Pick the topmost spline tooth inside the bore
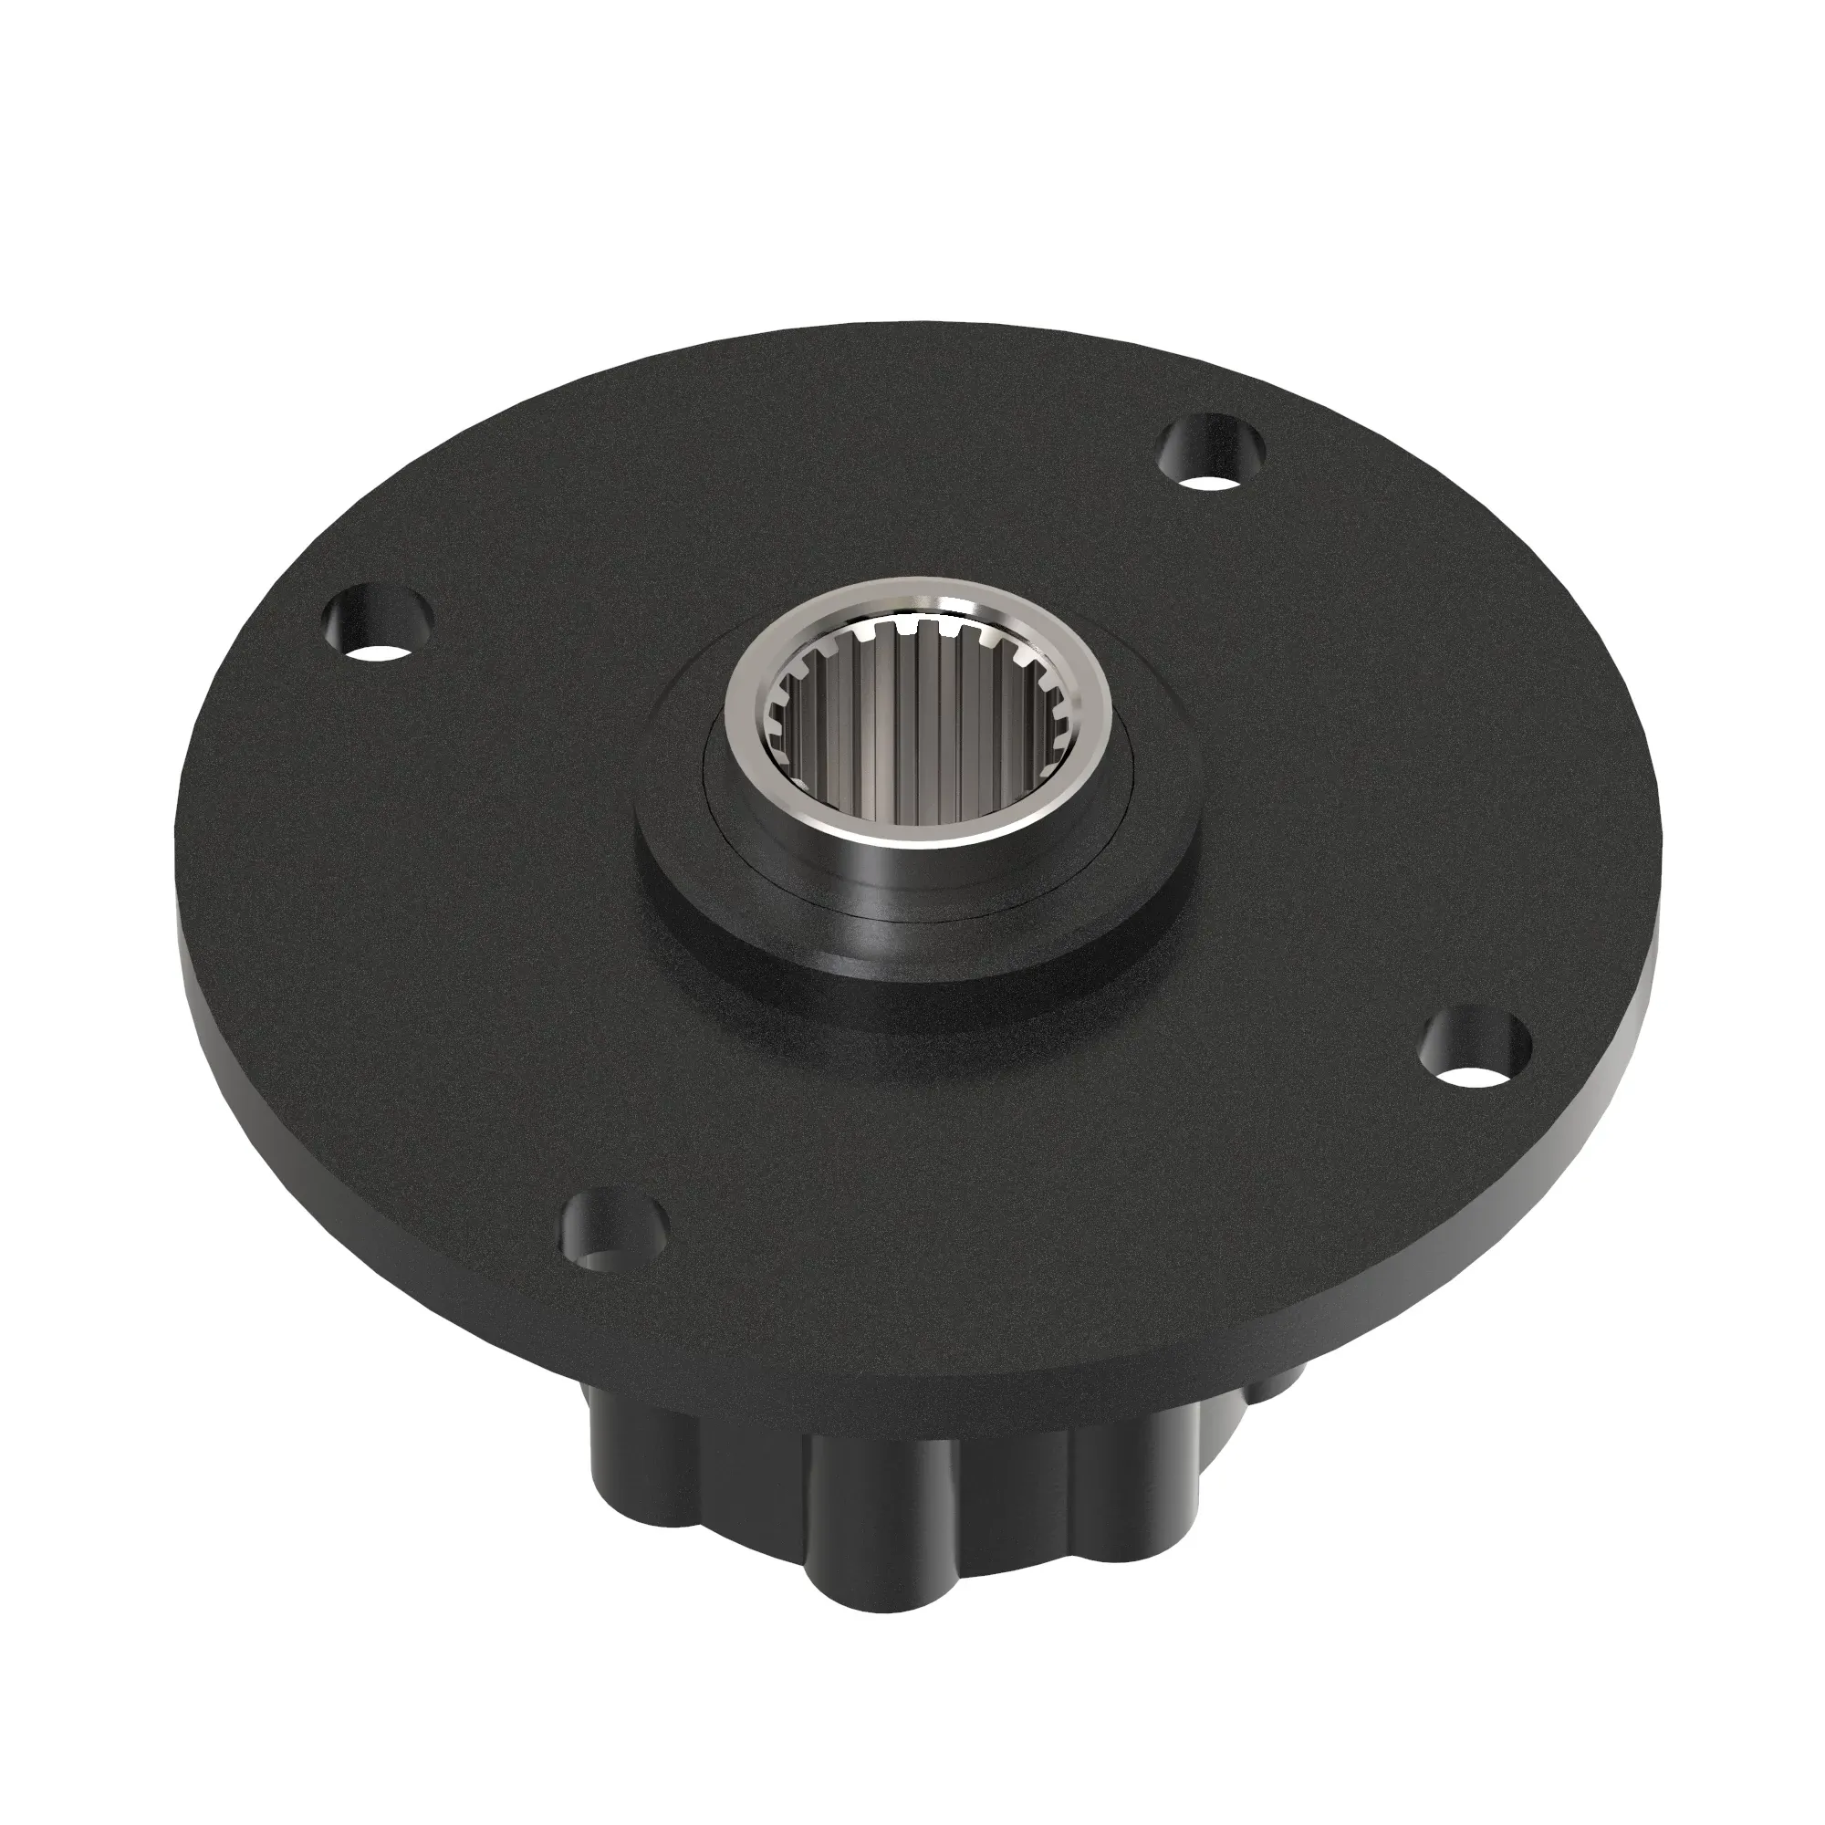[912, 628]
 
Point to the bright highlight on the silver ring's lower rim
[907, 836]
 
